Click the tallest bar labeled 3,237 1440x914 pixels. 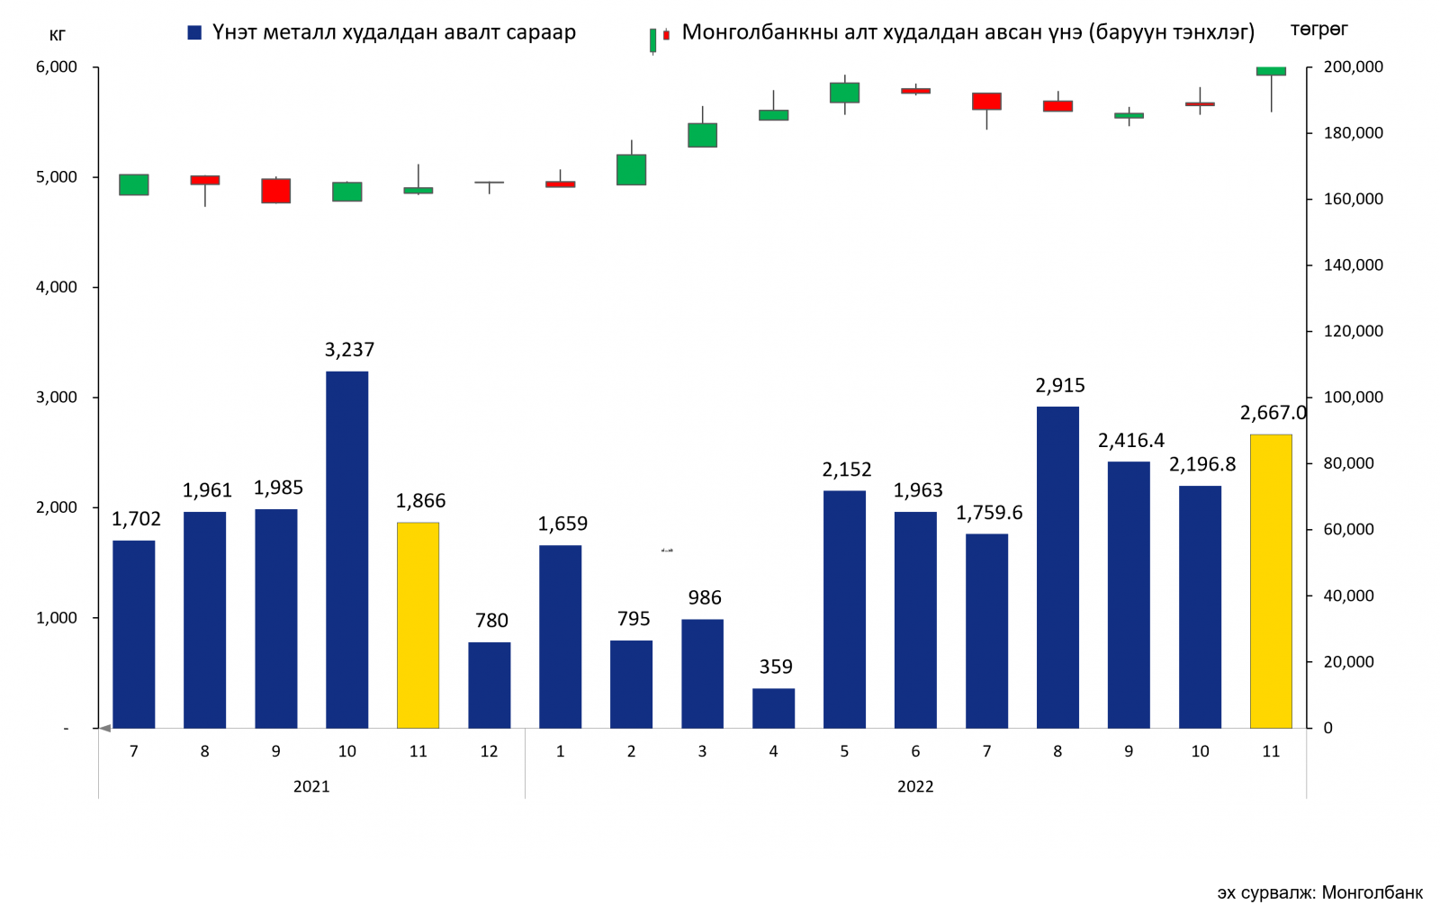[x=346, y=549]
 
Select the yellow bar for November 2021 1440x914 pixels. [x=418, y=624]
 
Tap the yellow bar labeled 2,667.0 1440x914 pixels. [x=1271, y=581]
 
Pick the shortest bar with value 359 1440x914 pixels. [x=773, y=708]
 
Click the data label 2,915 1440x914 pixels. [x=1059, y=386]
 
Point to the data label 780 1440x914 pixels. [x=491, y=621]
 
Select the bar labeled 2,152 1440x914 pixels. [x=844, y=609]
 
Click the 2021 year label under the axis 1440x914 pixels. [x=311, y=786]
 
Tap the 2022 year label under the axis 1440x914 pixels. [x=915, y=786]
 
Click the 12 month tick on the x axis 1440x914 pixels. [x=489, y=751]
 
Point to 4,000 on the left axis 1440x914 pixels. [x=57, y=287]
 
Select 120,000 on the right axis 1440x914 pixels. [x=1353, y=331]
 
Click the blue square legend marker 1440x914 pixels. [x=194, y=33]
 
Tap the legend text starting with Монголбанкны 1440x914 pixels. [x=967, y=32]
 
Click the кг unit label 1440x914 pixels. [x=58, y=35]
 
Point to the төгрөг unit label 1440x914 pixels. [x=1318, y=30]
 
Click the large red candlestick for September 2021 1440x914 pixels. [x=275, y=191]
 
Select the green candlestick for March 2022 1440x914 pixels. [x=702, y=135]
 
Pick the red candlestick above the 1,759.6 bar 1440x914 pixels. [x=986, y=102]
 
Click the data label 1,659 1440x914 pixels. [x=562, y=524]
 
